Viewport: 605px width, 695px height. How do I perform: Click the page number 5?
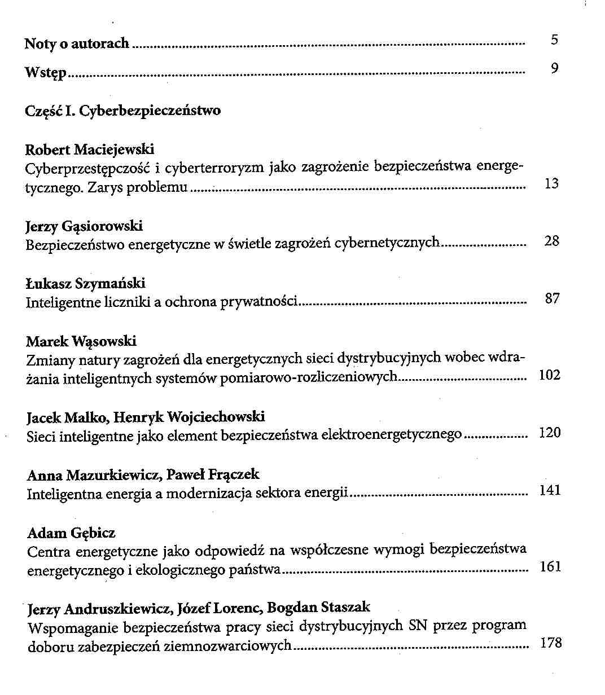[x=554, y=39]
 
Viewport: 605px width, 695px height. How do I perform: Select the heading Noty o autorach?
[x=77, y=44]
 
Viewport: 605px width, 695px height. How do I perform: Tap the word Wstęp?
[x=46, y=73]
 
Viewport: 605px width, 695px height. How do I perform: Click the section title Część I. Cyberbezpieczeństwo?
[x=123, y=110]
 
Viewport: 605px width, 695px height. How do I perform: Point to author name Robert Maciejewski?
[x=90, y=149]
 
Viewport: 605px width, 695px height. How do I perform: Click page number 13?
[x=552, y=183]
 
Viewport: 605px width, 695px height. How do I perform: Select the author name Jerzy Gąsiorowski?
[x=84, y=226]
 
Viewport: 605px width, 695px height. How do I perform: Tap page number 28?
[x=552, y=241]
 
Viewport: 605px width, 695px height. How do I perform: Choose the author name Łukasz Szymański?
[x=86, y=283]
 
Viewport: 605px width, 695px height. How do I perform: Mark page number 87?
[x=553, y=299]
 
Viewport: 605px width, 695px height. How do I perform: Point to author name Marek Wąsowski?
[x=81, y=341]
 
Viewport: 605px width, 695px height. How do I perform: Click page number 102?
[x=550, y=375]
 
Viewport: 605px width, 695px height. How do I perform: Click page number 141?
[x=550, y=490]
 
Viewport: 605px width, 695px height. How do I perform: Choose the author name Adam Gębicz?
[x=71, y=533]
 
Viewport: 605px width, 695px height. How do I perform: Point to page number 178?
[x=551, y=643]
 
